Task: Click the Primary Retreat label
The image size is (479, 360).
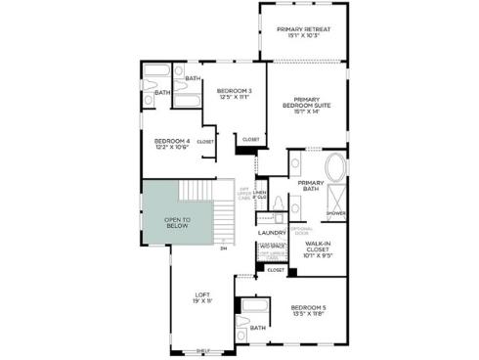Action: [303, 29]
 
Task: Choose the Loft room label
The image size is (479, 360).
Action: [202, 294]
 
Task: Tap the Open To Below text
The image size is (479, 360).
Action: [177, 223]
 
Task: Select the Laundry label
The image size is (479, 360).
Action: [272, 233]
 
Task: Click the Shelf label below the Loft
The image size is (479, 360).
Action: [203, 350]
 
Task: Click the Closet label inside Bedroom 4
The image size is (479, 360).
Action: [205, 142]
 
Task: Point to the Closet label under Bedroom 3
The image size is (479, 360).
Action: [251, 138]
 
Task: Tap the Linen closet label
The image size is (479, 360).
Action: [259, 194]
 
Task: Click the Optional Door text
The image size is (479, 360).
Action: [299, 231]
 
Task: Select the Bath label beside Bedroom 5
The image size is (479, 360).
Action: [258, 329]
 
